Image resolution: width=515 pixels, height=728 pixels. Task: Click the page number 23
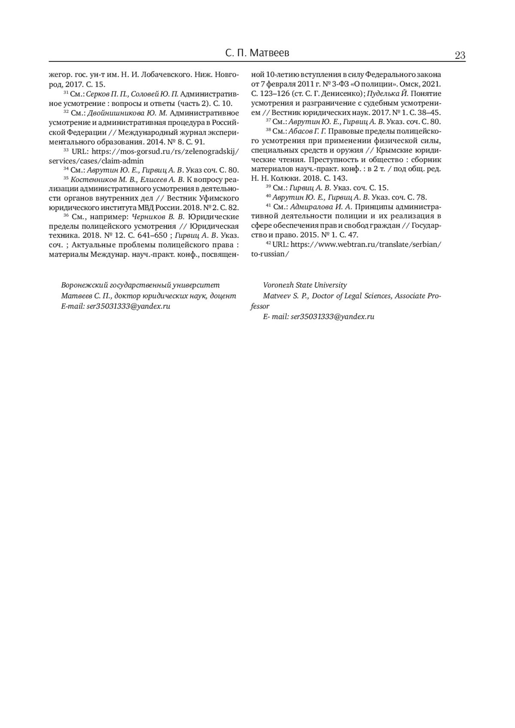click(460, 55)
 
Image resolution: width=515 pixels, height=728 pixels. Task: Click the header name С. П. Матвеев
click(257, 53)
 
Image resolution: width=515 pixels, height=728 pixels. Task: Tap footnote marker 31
click(66, 93)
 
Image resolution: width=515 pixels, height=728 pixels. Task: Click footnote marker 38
click(268, 130)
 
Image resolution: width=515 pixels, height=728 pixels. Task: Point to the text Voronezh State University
click(305, 285)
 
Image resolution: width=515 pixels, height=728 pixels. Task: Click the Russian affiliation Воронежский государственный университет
click(140, 285)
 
